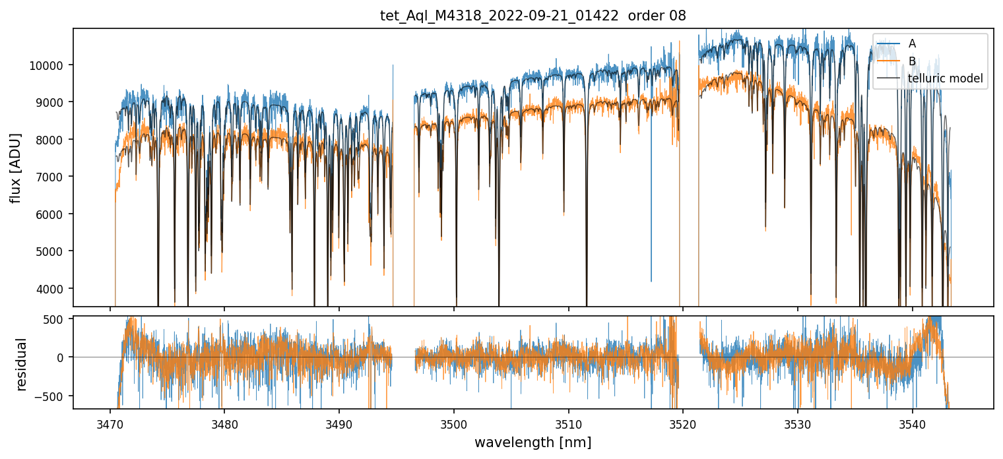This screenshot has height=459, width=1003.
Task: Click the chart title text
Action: [x=533, y=16]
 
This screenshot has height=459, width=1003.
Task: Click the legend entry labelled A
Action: [x=912, y=44]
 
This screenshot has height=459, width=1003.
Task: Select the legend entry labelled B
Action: [x=912, y=61]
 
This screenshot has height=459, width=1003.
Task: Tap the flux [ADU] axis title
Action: [x=16, y=168]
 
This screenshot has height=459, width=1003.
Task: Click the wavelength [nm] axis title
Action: [x=533, y=443]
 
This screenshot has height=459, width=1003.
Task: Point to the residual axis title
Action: [x=22, y=364]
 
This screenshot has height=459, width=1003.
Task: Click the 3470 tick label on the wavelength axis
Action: [x=110, y=423]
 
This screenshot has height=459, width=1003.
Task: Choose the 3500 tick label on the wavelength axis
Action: [x=454, y=423]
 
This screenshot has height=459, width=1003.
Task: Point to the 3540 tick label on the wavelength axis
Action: [x=913, y=423]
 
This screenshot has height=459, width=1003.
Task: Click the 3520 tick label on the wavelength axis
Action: [x=683, y=423]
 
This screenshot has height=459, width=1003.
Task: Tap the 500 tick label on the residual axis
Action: [x=57, y=319]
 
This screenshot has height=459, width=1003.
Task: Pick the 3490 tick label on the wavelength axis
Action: [x=339, y=423]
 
